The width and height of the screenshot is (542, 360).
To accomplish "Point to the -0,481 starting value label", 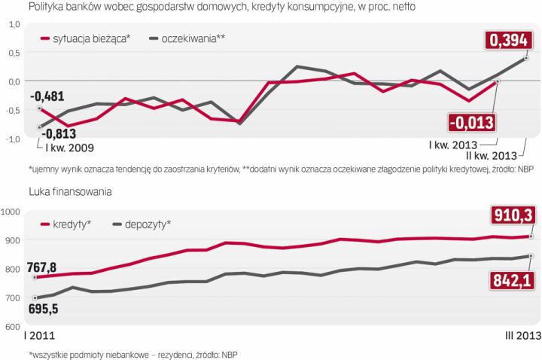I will click(47, 96).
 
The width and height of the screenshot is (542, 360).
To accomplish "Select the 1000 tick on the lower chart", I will click(14, 212).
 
